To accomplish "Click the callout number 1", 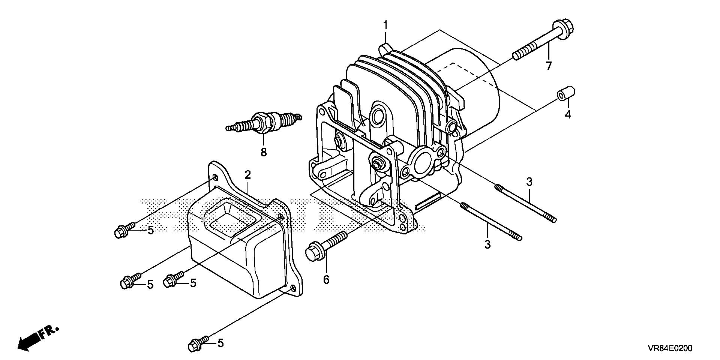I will pos(385,26).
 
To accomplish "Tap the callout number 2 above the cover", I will pos(247,175).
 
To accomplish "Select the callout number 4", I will pos(568,114).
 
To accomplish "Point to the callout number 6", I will pos(326,279).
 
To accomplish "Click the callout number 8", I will pos(264,152).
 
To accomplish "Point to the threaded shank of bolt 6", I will pos(337,239).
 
